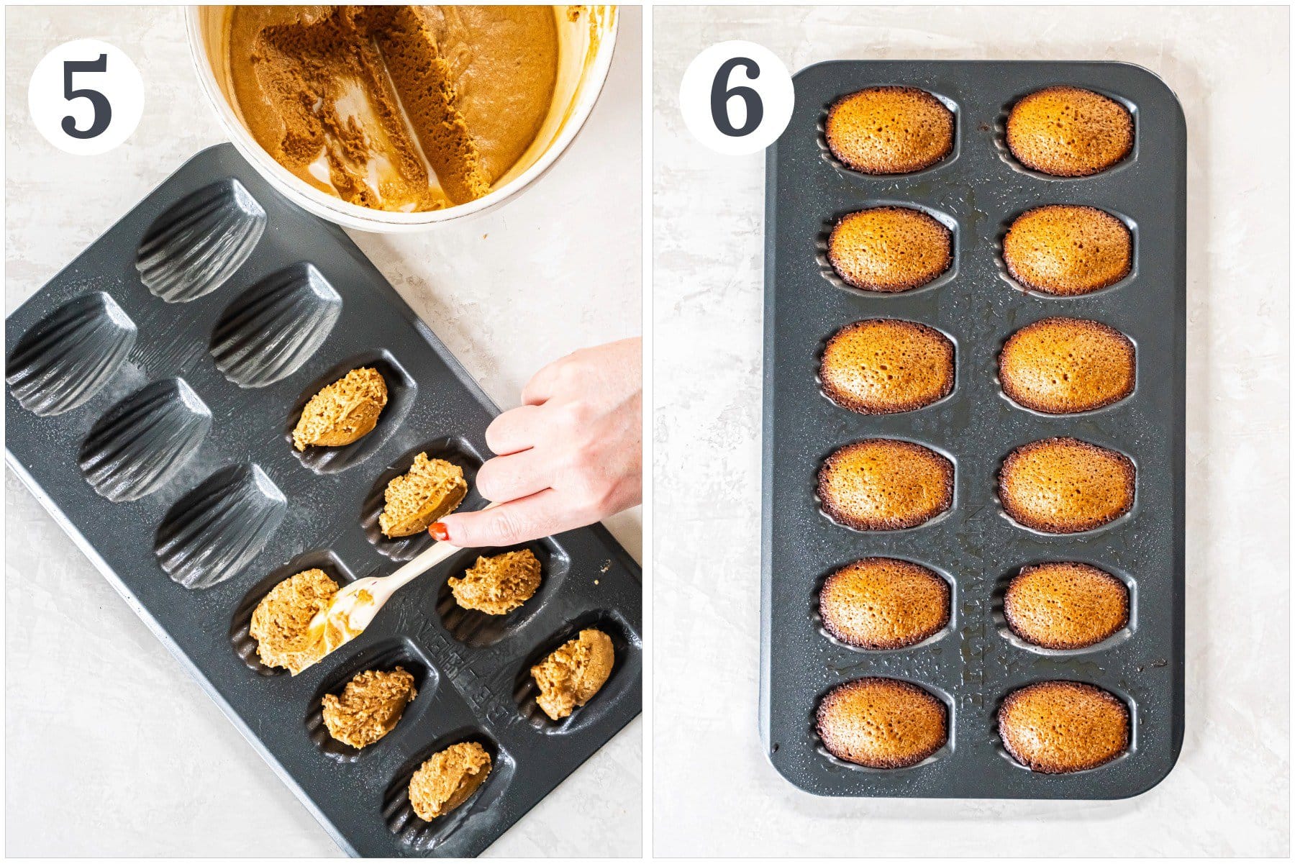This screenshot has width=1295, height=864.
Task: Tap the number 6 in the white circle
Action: [736, 98]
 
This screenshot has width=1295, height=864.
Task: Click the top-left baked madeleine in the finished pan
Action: [889, 129]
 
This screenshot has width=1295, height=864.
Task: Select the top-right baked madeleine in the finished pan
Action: [1069, 131]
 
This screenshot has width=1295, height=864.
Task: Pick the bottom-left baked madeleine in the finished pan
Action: [881, 722]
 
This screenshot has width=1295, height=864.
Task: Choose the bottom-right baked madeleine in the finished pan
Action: [1063, 727]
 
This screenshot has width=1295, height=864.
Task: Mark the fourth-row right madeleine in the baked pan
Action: [1066, 484]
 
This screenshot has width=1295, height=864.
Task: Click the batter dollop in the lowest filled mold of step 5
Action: [450, 780]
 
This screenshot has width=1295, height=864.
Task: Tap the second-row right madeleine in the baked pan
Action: [1067, 250]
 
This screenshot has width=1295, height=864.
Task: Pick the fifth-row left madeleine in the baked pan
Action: [884, 603]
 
